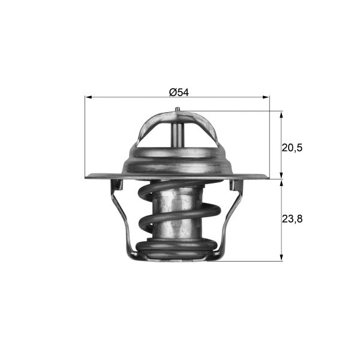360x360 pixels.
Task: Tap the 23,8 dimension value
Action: (x=292, y=220)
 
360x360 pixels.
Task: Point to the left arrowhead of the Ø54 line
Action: (x=89, y=97)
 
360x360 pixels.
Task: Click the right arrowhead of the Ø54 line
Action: (x=266, y=97)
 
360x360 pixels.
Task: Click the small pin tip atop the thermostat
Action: (x=178, y=109)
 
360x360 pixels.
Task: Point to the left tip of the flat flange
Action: (x=88, y=176)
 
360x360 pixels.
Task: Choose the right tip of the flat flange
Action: (x=268, y=176)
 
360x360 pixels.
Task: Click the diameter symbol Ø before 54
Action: (x=172, y=92)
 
